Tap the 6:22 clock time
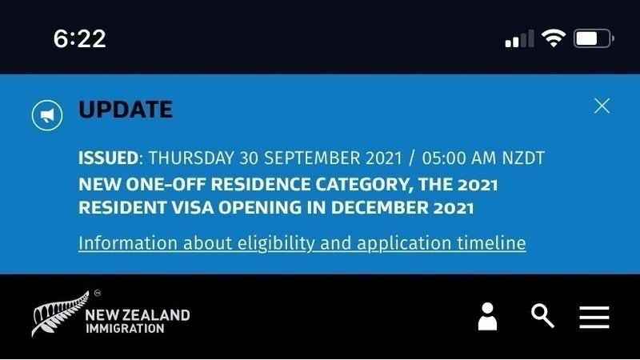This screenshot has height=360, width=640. tap(79, 38)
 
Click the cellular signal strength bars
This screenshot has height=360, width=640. tap(519, 38)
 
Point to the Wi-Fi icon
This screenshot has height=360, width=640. tap(553, 38)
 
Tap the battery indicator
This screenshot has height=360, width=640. tap(594, 38)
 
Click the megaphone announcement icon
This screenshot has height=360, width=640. tap(47, 115)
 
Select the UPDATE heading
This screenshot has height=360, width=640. tap(126, 110)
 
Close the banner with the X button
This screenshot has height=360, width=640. tap(602, 106)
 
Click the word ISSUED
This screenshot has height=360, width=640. tap(108, 158)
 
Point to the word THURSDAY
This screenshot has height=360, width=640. tap(191, 158)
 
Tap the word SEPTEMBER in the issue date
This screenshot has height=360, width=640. tap(312, 158)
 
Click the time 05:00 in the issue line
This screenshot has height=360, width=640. tap(445, 158)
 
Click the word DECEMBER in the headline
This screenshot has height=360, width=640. tap(379, 207)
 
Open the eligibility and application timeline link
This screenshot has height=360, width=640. tap(302, 243)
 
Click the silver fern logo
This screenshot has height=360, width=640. tap(61, 314)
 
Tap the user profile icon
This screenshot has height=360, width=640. tap(487, 316)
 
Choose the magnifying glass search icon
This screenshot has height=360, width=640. tap(542, 316)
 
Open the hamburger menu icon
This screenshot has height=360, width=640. tap(594, 317)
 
